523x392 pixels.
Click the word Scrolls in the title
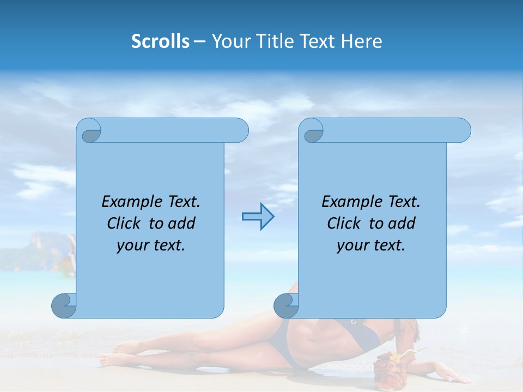[x=160, y=41]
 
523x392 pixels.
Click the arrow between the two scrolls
[x=258, y=217]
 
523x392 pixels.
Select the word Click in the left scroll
[x=125, y=223]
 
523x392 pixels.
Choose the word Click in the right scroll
[x=345, y=223]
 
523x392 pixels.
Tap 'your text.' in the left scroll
[x=151, y=245]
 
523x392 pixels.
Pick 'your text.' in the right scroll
[x=371, y=245]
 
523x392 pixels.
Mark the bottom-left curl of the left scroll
[x=63, y=306]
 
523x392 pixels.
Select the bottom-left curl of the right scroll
[x=285, y=306]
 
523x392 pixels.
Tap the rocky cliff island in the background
[x=49, y=248]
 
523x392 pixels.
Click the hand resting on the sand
[x=447, y=376]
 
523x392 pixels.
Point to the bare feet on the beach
[x=117, y=354]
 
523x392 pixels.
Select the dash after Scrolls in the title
[x=199, y=41]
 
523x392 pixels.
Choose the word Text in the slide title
[x=319, y=41]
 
